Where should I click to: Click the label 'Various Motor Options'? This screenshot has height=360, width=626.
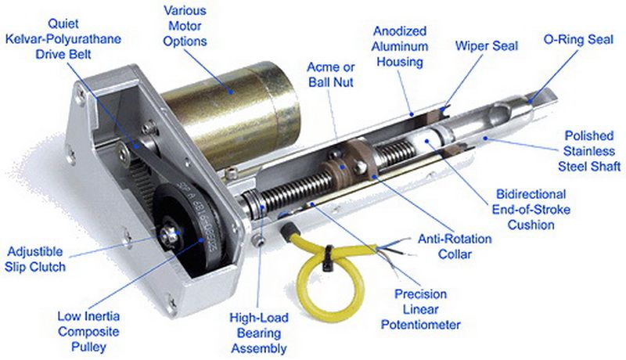point(185,26)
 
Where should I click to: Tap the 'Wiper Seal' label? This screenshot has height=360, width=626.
point(486,46)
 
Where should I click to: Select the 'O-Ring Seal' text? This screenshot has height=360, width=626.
point(578,39)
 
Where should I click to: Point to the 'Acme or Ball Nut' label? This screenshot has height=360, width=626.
point(331,74)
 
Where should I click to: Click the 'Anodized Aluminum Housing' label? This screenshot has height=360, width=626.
point(400,47)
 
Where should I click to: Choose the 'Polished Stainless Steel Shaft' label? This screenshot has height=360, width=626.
point(589,151)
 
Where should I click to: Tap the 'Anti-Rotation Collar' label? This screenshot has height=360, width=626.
point(455,247)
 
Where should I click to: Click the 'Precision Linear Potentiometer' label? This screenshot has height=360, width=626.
point(421,309)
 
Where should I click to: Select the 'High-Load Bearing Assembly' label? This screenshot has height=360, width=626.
point(259,333)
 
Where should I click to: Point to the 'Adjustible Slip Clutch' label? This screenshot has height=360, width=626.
point(35,259)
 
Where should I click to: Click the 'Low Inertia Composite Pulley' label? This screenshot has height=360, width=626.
point(88,332)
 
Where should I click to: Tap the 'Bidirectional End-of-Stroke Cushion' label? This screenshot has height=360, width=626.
point(531,210)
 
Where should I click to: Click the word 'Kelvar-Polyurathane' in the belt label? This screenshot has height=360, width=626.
point(63,39)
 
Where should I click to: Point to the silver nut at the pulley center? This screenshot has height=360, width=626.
point(170,235)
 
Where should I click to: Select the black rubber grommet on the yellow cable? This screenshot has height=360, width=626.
point(290,231)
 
